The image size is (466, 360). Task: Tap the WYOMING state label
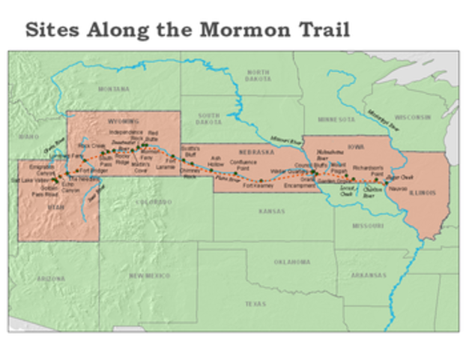point(124,120)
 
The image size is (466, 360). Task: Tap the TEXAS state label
point(255,304)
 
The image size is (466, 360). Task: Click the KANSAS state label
point(270,211)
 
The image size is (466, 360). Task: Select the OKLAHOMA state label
point(291,262)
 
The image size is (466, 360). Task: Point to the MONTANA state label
point(112,88)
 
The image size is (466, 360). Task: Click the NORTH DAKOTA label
point(257,74)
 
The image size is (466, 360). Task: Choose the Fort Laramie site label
point(172,162)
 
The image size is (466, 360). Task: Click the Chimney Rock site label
point(190,174)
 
